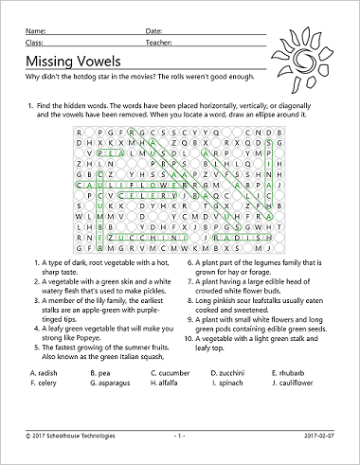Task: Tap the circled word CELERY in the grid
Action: click(x=152, y=200)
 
